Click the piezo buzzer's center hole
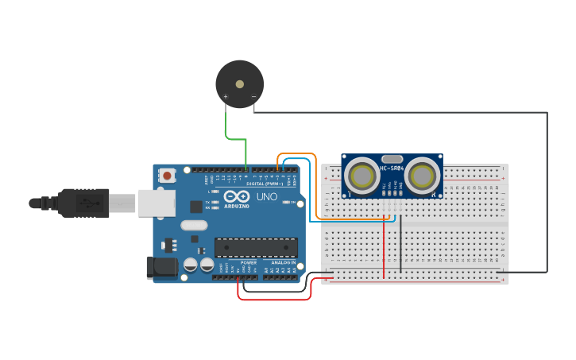pos(239,83)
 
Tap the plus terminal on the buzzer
pos(226,97)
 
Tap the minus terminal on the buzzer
pos(253,97)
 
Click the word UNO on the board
pos(266,197)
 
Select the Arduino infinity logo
pos(236,196)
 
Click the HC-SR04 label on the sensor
pos(392,168)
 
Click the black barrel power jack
pos(161,268)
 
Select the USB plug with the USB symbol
pos(83,203)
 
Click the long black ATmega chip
pos(256,247)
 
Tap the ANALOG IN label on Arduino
pos(283,262)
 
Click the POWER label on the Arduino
pos(249,262)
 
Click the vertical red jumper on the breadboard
pos(384,246)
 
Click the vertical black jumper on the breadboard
pos(401,242)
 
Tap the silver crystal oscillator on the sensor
pos(392,159)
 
